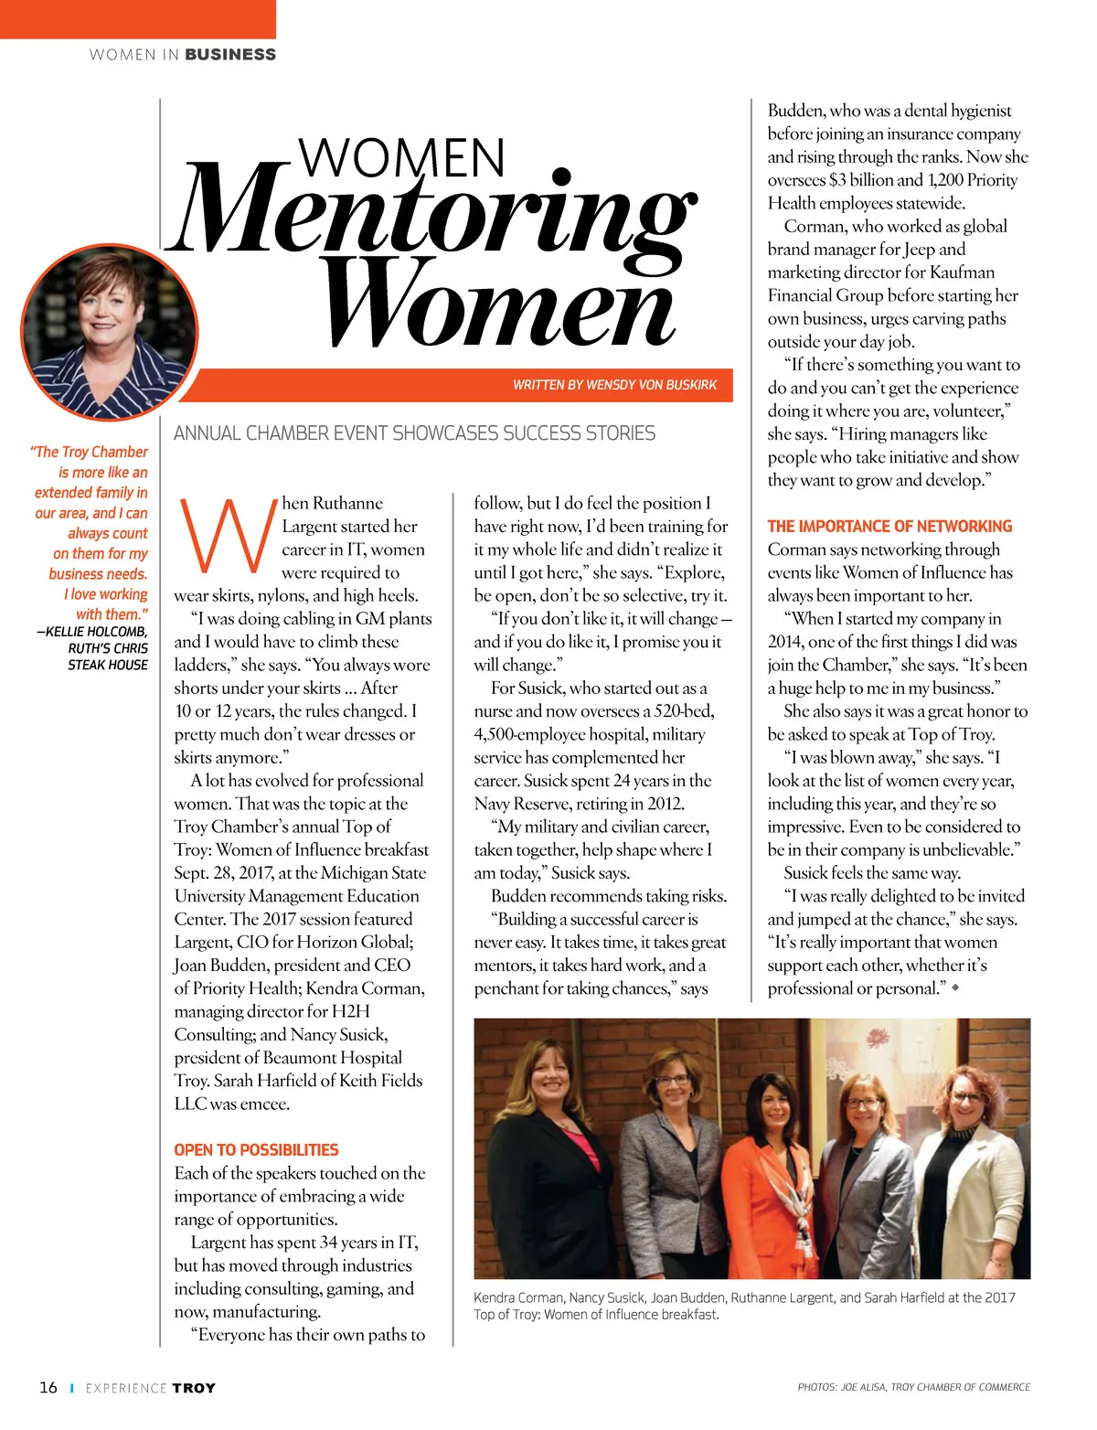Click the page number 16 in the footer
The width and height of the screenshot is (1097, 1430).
[48, 1387]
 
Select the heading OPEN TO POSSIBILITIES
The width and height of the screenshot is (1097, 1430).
[256, 1149]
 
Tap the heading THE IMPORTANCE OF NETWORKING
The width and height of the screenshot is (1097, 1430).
[889, 526]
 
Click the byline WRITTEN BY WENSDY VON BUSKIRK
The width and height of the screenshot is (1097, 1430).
[614, 385]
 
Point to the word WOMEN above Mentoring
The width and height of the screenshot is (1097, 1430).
[402, 157]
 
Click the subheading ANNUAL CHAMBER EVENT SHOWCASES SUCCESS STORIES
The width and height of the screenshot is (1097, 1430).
[414, 433]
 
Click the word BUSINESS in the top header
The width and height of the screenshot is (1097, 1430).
[230, 55]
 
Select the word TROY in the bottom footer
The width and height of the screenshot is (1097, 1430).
[194, 1388]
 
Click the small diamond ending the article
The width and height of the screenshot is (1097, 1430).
[956, 987]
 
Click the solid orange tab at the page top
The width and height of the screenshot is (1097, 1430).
[137, 18]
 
